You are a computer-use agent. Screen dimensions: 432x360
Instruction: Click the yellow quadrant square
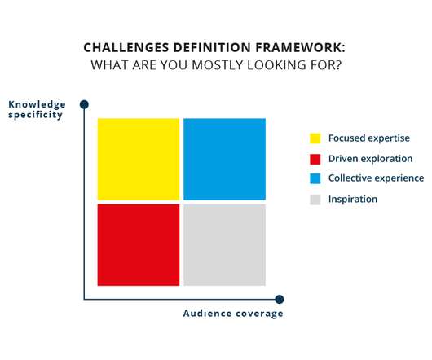pos(139,159)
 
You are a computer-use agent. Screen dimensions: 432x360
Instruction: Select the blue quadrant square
pos(224,159)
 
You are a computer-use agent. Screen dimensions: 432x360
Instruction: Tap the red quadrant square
pos(139,245)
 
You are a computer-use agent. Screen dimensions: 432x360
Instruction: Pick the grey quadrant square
pos(224,245)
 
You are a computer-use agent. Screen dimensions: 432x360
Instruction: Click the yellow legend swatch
pos(315,138)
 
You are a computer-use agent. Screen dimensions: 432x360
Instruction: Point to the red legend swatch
pos(315,159)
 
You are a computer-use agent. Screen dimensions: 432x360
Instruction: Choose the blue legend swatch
pos(315,178)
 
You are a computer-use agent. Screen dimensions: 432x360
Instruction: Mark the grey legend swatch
pos(315,200)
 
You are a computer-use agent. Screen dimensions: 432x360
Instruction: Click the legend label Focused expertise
pos(369,138)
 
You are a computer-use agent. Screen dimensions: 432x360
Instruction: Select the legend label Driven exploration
pos(371,159)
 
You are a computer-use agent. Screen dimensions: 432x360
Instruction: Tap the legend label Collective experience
pos(377,178)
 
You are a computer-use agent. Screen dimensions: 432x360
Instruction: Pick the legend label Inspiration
pos(353,200)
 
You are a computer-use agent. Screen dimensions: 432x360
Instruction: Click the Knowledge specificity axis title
pos(37,109)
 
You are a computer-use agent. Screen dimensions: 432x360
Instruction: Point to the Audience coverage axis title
pos(233,314)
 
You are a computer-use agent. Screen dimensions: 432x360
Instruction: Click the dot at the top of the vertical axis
pos(84,104)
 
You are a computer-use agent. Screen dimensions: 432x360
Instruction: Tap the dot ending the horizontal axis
pos(280,299)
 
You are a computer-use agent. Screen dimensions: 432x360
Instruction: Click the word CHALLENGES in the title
pos(126,47)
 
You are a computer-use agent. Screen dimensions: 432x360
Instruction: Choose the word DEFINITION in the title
pos(212,47)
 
